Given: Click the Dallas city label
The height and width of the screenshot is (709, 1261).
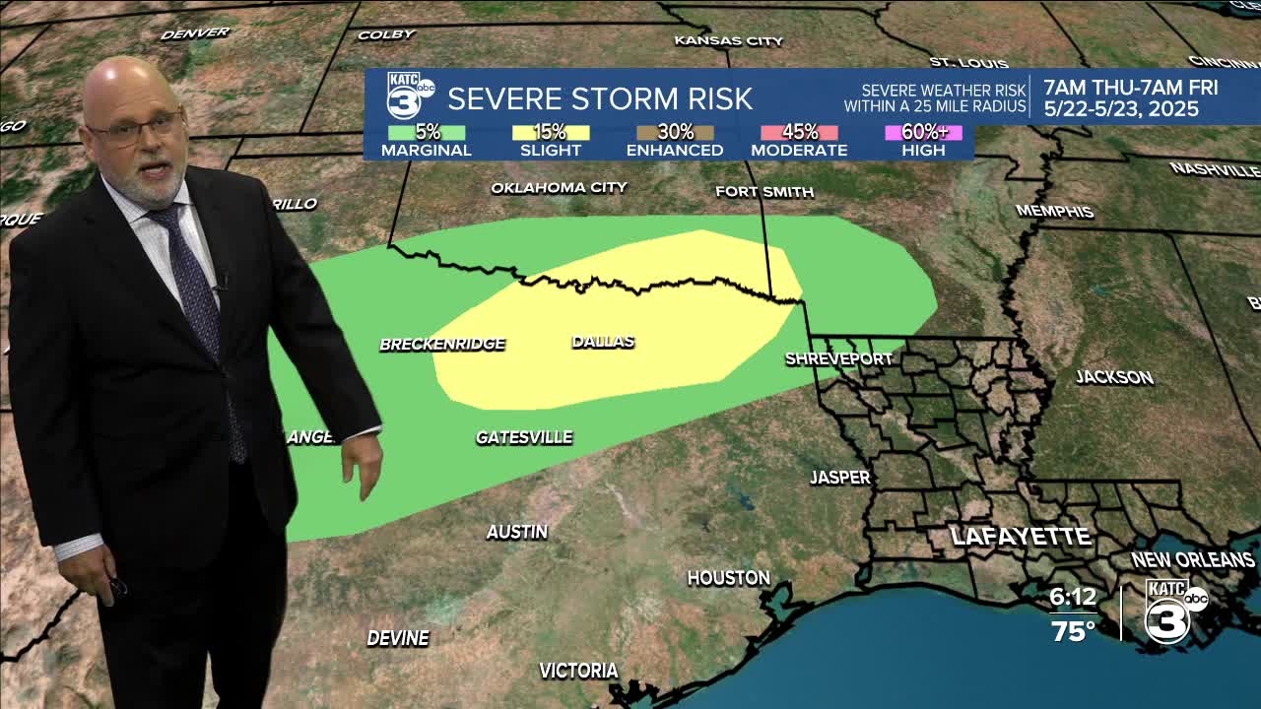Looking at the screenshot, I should click(x=603, y=342).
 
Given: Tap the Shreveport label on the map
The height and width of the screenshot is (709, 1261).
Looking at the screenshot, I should click(x=838, y=358).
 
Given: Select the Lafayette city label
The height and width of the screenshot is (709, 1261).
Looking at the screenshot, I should click(x=1021, y=537).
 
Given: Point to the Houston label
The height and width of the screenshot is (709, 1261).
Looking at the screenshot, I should click(x=728, y=578).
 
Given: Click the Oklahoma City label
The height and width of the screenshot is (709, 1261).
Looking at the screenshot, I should click(x=559, y=187).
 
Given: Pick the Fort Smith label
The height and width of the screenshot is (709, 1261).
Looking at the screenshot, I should click(x=764, y=192).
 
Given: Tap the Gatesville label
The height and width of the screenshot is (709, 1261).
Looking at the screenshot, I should click(x=524, y=437).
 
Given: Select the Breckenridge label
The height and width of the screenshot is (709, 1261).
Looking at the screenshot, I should click(x=442, y=344).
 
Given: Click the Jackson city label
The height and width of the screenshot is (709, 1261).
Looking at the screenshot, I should click(x=1114, y=377).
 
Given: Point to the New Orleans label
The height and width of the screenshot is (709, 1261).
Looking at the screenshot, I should click(x=1192, y=559).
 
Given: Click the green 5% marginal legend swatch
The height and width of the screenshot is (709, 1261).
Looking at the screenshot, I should click(x=427, y=132).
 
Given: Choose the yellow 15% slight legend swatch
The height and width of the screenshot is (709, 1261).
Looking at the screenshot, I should click(x=551, y=132).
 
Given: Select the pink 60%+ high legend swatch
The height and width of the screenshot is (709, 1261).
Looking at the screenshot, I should click(x=923, y=132).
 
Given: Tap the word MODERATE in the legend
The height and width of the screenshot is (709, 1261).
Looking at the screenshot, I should click(x=799, y=151).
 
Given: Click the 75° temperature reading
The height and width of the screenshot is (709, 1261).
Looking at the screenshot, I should click(x=1073, y=631).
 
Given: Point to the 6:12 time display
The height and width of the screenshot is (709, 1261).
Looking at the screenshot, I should click(x=1073, y=598).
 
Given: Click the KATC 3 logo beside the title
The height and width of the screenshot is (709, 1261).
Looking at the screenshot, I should click(x=409, y=97).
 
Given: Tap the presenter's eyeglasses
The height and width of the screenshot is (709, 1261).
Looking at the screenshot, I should click(x=136, y=129).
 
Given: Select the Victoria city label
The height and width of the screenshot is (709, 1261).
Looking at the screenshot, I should click(x=578, y=671).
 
